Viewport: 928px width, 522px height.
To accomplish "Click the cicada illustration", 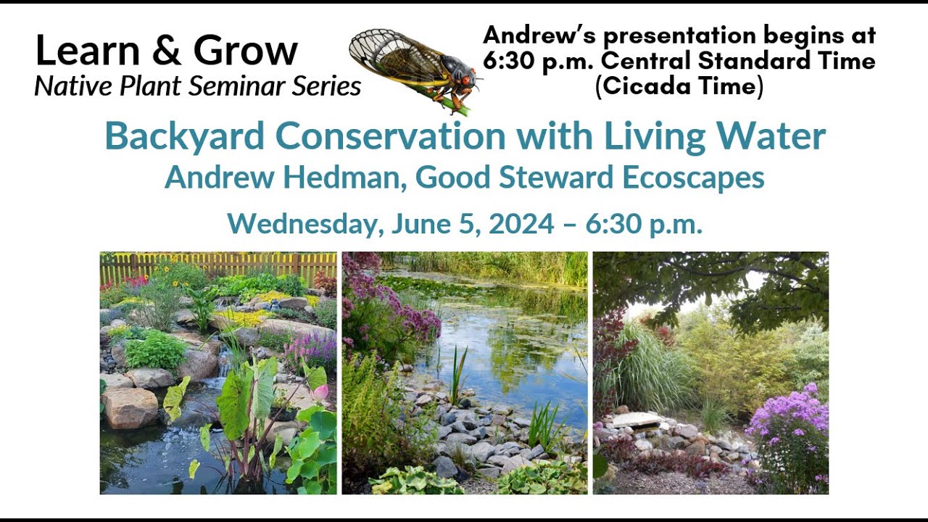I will [413, 69].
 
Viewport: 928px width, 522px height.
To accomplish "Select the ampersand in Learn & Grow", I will [167, 51].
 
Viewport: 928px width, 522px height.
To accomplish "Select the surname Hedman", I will [347, 178].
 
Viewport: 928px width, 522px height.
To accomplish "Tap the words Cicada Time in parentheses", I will [679, 86].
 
